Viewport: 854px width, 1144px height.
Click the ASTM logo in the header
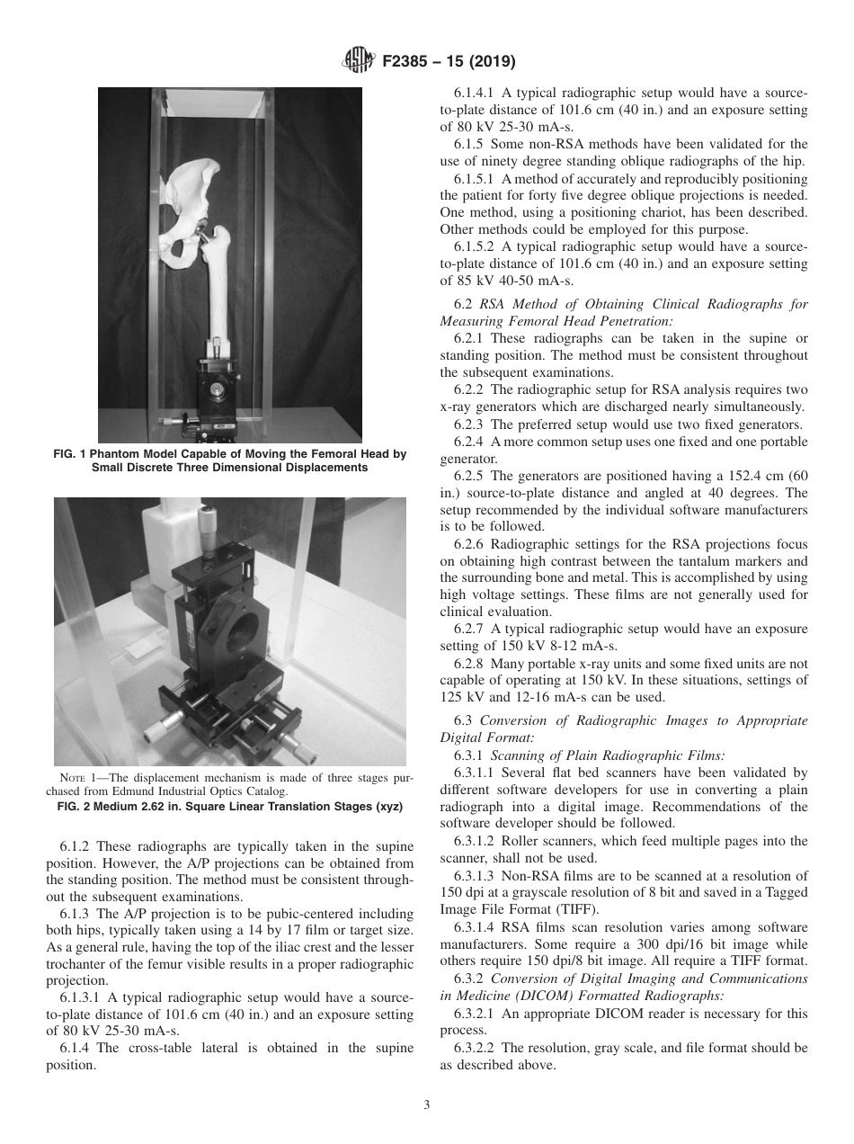[x=359, y=62]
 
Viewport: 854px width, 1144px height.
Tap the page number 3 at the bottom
[x=427, y=1105]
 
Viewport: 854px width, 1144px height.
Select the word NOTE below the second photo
[x=74, y=778]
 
